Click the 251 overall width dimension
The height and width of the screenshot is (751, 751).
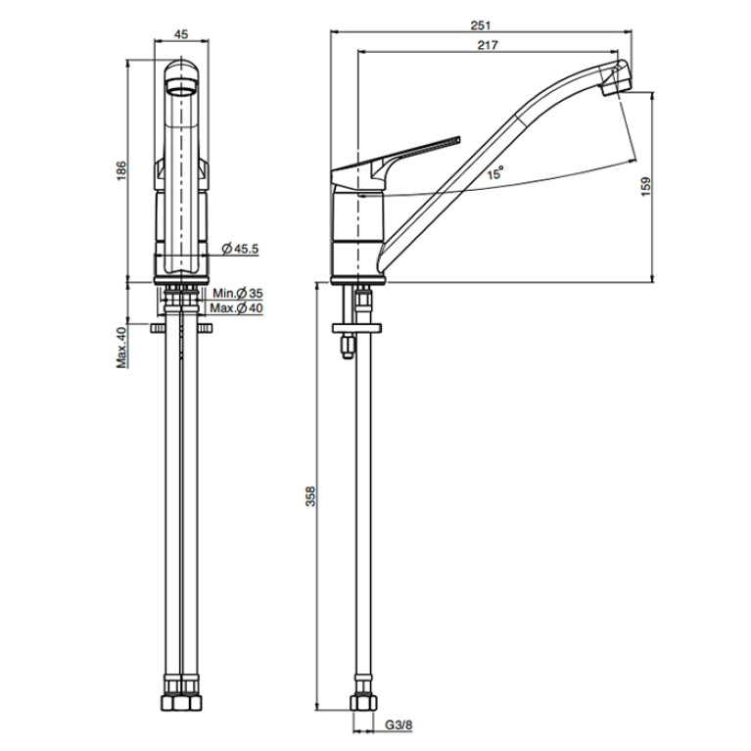click(481, 25)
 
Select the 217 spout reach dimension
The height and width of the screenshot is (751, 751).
click(488, 45)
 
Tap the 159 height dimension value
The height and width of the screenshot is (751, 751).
click(646, 187)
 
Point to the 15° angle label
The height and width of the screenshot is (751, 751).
click(495, 173)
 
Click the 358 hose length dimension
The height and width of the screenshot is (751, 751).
click(310, 496)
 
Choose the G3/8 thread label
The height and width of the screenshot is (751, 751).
click(399, 726)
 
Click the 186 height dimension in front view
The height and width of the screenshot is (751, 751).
click(121, 171)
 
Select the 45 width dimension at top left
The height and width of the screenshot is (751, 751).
click(181, 34)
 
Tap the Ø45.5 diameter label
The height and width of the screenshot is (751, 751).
click(241, 249)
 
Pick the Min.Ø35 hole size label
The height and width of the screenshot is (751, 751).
click(238, 293)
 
